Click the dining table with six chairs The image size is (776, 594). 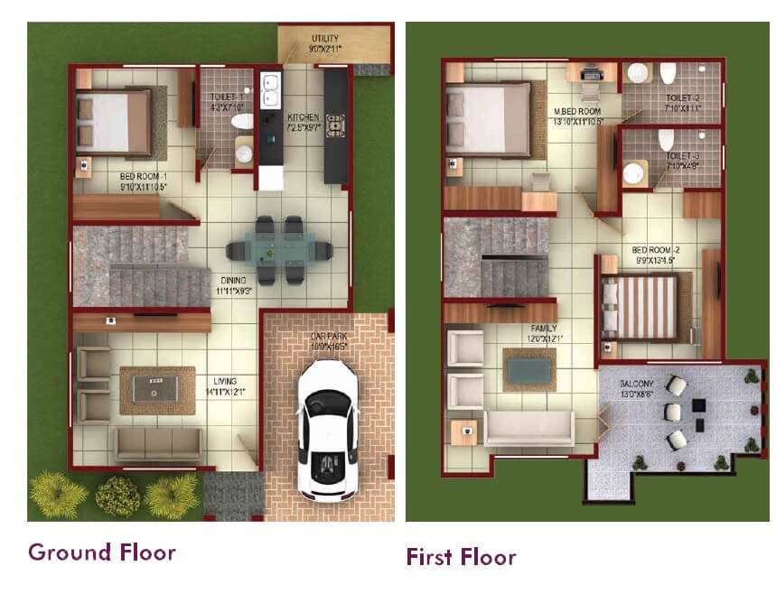pyautogui.click(x=278, y=250)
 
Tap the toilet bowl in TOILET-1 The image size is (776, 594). pyautogui.click(x=242, y=121)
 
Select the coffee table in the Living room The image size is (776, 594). pyautogui.click(x=156, y=389)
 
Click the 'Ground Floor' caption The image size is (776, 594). pyautogui.click(x=101, y=552)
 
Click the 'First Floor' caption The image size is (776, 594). pyautogui.click(x=460, y=556)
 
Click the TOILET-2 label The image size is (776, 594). pyautogui.click(x=684, y=97)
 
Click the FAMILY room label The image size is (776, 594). pyautogui.click(x=544, y=329)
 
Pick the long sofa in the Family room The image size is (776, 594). pyautogui.click(x=528, y=429)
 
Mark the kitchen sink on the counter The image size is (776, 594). pyautogui.click(x=269, y=88)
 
